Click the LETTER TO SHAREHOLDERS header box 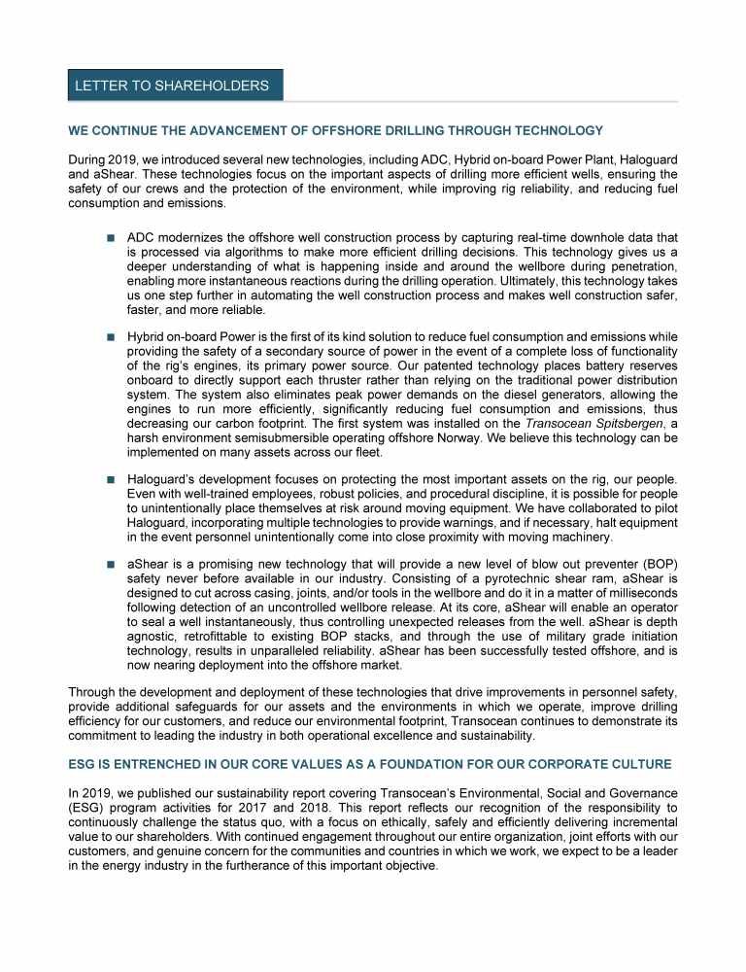coord(175,86)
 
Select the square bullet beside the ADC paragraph coord(111,237)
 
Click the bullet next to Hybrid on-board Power coord(111,336)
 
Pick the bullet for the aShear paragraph coord(111,563)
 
